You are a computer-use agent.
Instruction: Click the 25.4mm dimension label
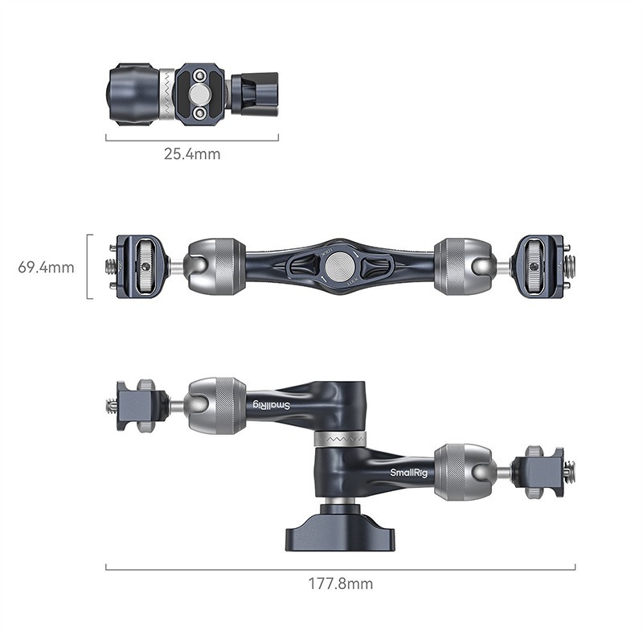click(x=192, y=154)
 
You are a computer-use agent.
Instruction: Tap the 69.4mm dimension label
click(x=47, y=267)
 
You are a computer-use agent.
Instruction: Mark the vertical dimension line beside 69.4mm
click(x=89, y=267)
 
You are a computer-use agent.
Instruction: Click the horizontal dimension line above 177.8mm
click(x=340, y=567)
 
